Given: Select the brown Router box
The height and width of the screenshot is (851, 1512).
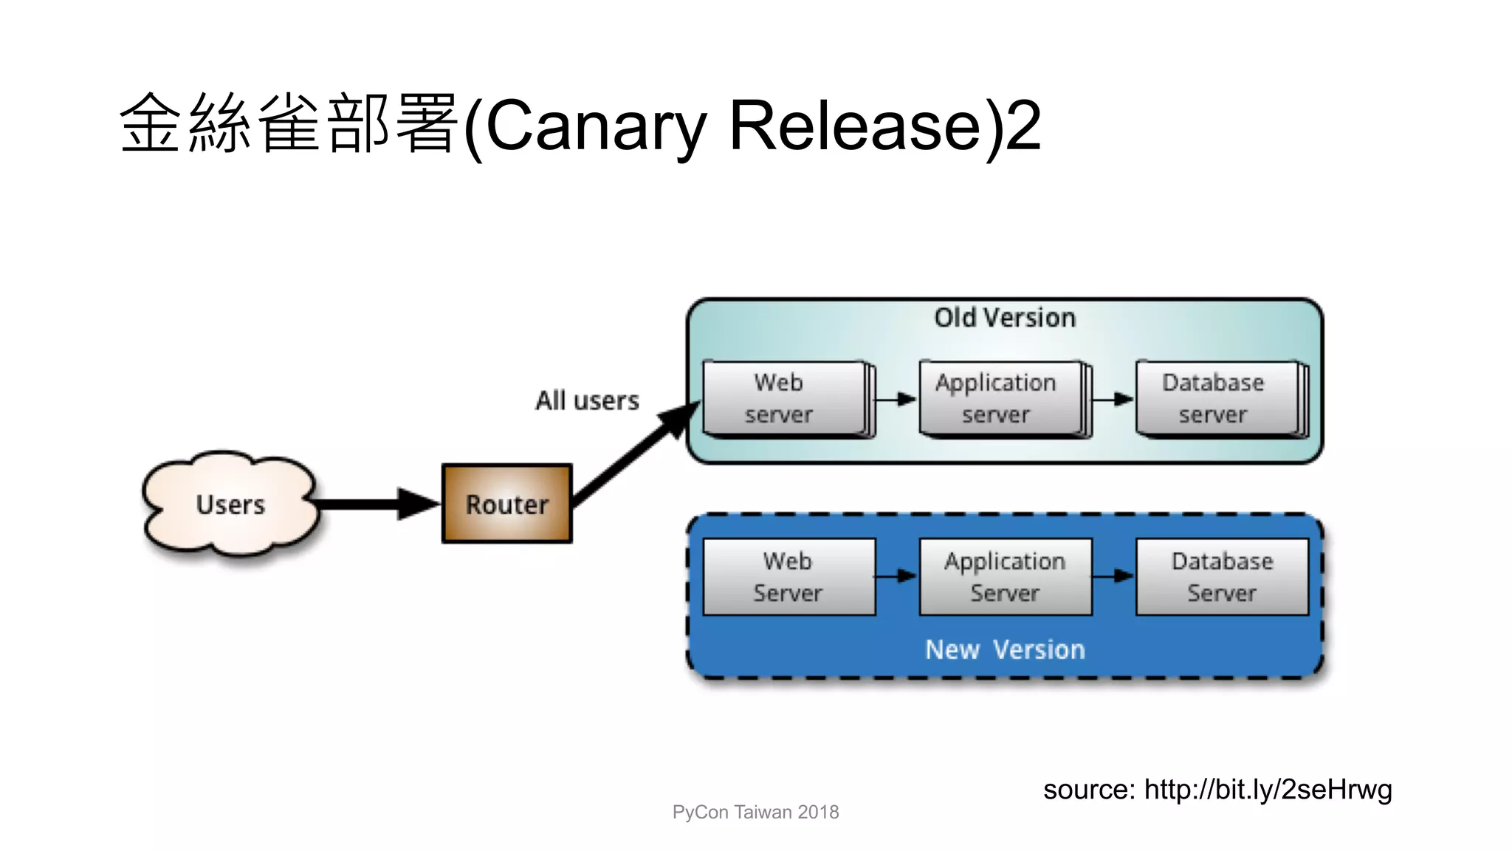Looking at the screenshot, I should (507, 504).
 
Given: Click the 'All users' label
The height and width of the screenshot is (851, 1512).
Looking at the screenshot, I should (587, 400).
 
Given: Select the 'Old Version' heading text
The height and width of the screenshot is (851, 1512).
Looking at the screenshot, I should (1005, 318).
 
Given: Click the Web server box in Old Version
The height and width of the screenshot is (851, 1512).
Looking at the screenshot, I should (784, 399).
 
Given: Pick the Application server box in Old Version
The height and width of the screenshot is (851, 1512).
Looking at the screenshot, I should (1000, 399).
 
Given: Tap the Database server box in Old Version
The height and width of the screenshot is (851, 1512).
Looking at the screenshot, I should (1217, 399).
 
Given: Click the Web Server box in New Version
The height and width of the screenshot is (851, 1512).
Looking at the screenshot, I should (788, 577).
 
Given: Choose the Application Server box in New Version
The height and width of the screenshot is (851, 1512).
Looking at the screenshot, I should (1005, 577).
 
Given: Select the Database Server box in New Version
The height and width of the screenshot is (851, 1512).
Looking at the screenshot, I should (1222, 577).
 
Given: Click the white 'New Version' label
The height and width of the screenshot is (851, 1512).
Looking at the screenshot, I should (1005, 649).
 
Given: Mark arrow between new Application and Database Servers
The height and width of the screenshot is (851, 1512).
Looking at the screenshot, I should (1113, 576).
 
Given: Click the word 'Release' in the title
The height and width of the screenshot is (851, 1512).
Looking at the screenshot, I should (855, 126).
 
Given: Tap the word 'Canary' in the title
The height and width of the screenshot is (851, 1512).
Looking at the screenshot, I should (597, 126).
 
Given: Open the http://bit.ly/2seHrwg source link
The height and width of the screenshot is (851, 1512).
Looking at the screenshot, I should (1268, 790).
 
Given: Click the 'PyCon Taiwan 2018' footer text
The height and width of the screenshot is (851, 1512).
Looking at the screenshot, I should (755, 812).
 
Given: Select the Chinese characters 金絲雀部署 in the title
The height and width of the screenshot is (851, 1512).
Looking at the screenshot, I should (288, 124).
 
